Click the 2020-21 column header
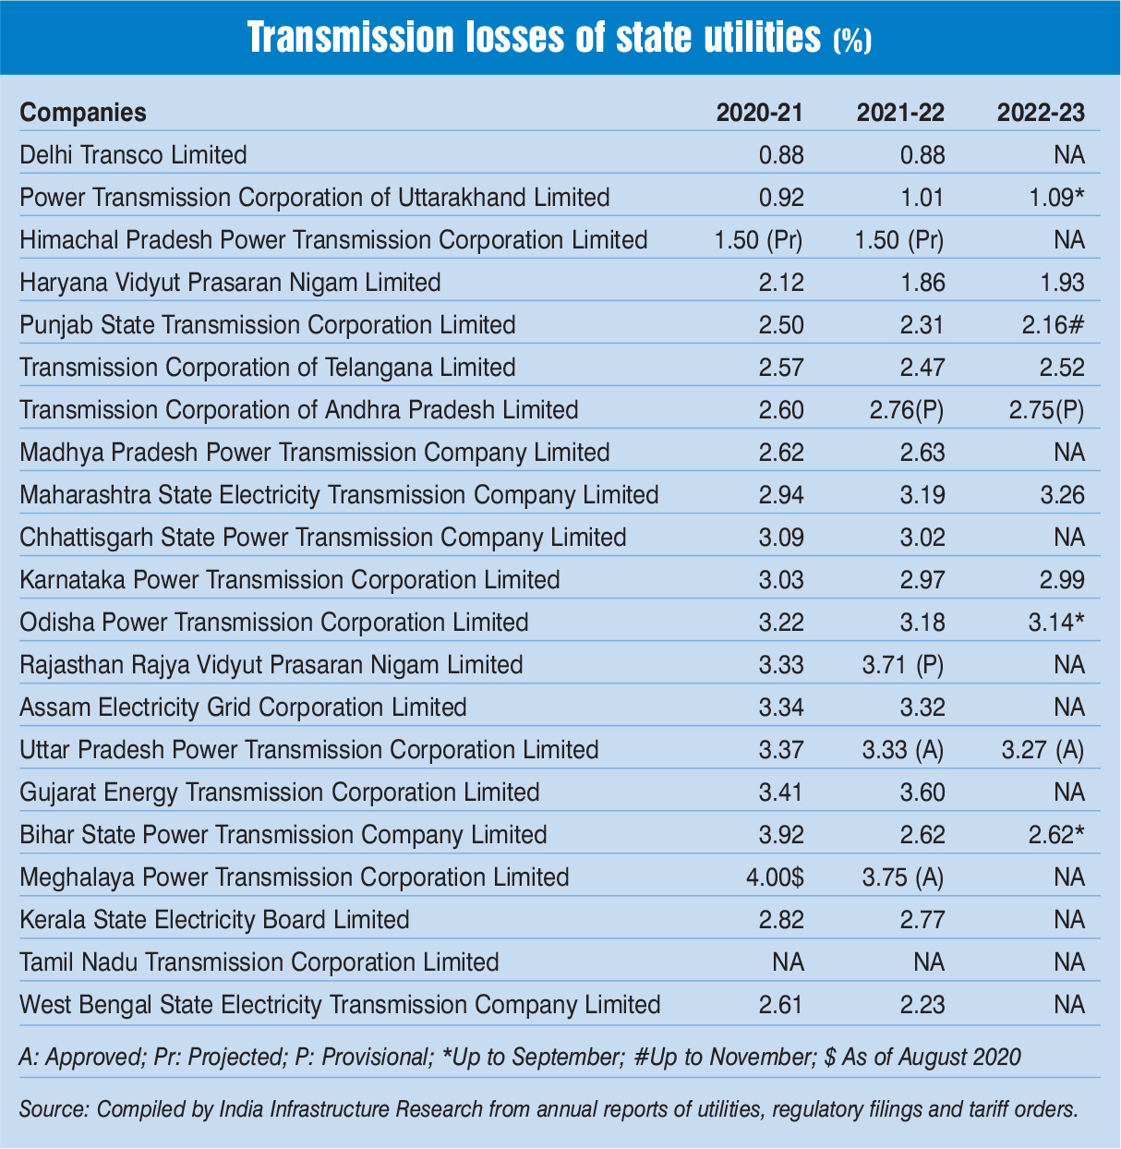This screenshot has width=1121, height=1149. pyautogui.click(x=760, y=113)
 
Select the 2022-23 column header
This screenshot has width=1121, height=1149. pyautogui.click(x=1041, y=113)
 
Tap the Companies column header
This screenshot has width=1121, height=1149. pyautogui.click(x=83, y=113)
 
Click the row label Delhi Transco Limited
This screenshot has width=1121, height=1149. pyautogui.click(x=134, y=155)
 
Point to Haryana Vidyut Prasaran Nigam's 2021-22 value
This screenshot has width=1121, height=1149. pyautogui.click(x=922, y=283)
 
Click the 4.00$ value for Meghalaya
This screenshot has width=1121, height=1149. pyautogui.click(x=775, y=877)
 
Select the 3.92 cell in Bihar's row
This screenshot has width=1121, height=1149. pyautogui.click(x=781, y=835)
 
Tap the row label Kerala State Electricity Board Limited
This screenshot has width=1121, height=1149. pyautogui.click(x=214, y=920)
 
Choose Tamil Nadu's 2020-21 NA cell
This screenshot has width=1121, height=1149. pyautogui.click(x=788, y=962)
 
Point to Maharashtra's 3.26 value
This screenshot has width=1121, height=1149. pyautogui.click(x=1062, y=495)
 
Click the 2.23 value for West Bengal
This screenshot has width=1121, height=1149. pyautogui.click(x=922, y=1005)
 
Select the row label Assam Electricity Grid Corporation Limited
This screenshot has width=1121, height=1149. pyautogui.click(x=243, y=708)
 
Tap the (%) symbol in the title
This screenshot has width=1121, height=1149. pyautogui.click(x=852, y=42)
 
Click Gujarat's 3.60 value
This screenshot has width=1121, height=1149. pyautogui.click(x=922, y=792)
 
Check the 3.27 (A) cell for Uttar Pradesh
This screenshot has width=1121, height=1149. pyautogui.click(x=1043, y=750)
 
